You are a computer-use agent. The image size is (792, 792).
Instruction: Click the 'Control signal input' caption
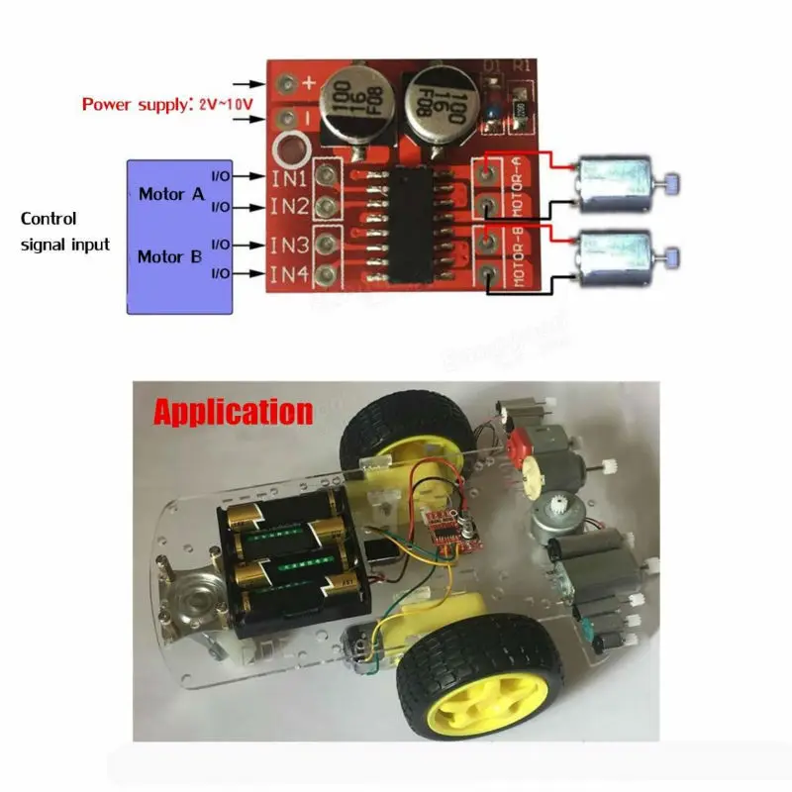tap(65, 232)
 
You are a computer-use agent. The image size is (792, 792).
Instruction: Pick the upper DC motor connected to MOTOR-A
tap(614, 186)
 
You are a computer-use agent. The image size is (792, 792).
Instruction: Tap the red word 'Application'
tap(233, 411)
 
